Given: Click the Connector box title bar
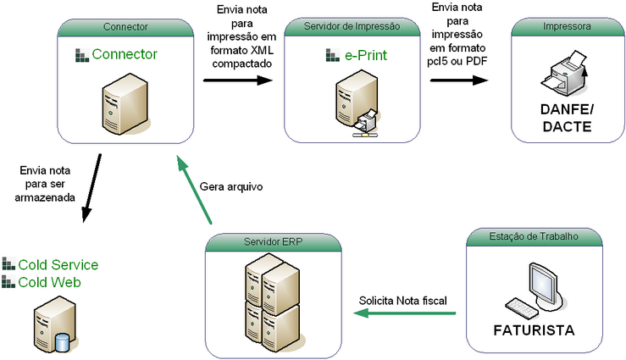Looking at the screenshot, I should (x=125, y=27).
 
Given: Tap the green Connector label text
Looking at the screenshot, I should (x=125, y=55).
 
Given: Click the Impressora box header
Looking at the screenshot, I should (x=567, y=27).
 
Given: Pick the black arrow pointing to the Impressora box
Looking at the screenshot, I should (x=459, y=80).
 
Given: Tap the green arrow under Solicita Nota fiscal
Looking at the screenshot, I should (x=404, y=314).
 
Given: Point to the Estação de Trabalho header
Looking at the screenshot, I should (x=535, y=236).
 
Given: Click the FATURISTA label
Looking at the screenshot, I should (x=535, y=329).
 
